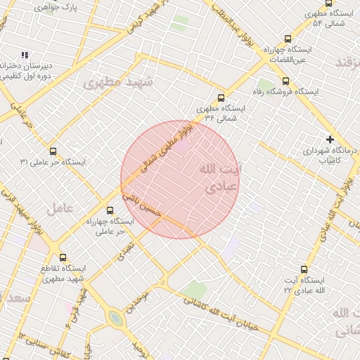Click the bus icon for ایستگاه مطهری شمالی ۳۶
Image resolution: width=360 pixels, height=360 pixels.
pos(221,98)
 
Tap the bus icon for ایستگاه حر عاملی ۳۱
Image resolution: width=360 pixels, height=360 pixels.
pos(53,151)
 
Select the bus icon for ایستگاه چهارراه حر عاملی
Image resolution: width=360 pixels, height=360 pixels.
pos(109,210)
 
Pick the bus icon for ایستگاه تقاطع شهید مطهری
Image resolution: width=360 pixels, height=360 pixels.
pos(63,257)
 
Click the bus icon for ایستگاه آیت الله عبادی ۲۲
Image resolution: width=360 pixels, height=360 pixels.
pos(304,269)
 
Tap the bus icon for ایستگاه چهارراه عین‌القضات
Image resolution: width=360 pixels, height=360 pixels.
pos(287,39)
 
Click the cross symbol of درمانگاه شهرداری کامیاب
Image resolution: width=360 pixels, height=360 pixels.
pos(330,139)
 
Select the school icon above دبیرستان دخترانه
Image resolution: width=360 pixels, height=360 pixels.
pos(25,55)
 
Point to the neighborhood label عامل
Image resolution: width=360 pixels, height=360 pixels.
pos(60,209)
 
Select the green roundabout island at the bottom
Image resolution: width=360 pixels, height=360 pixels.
pos(115,319)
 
